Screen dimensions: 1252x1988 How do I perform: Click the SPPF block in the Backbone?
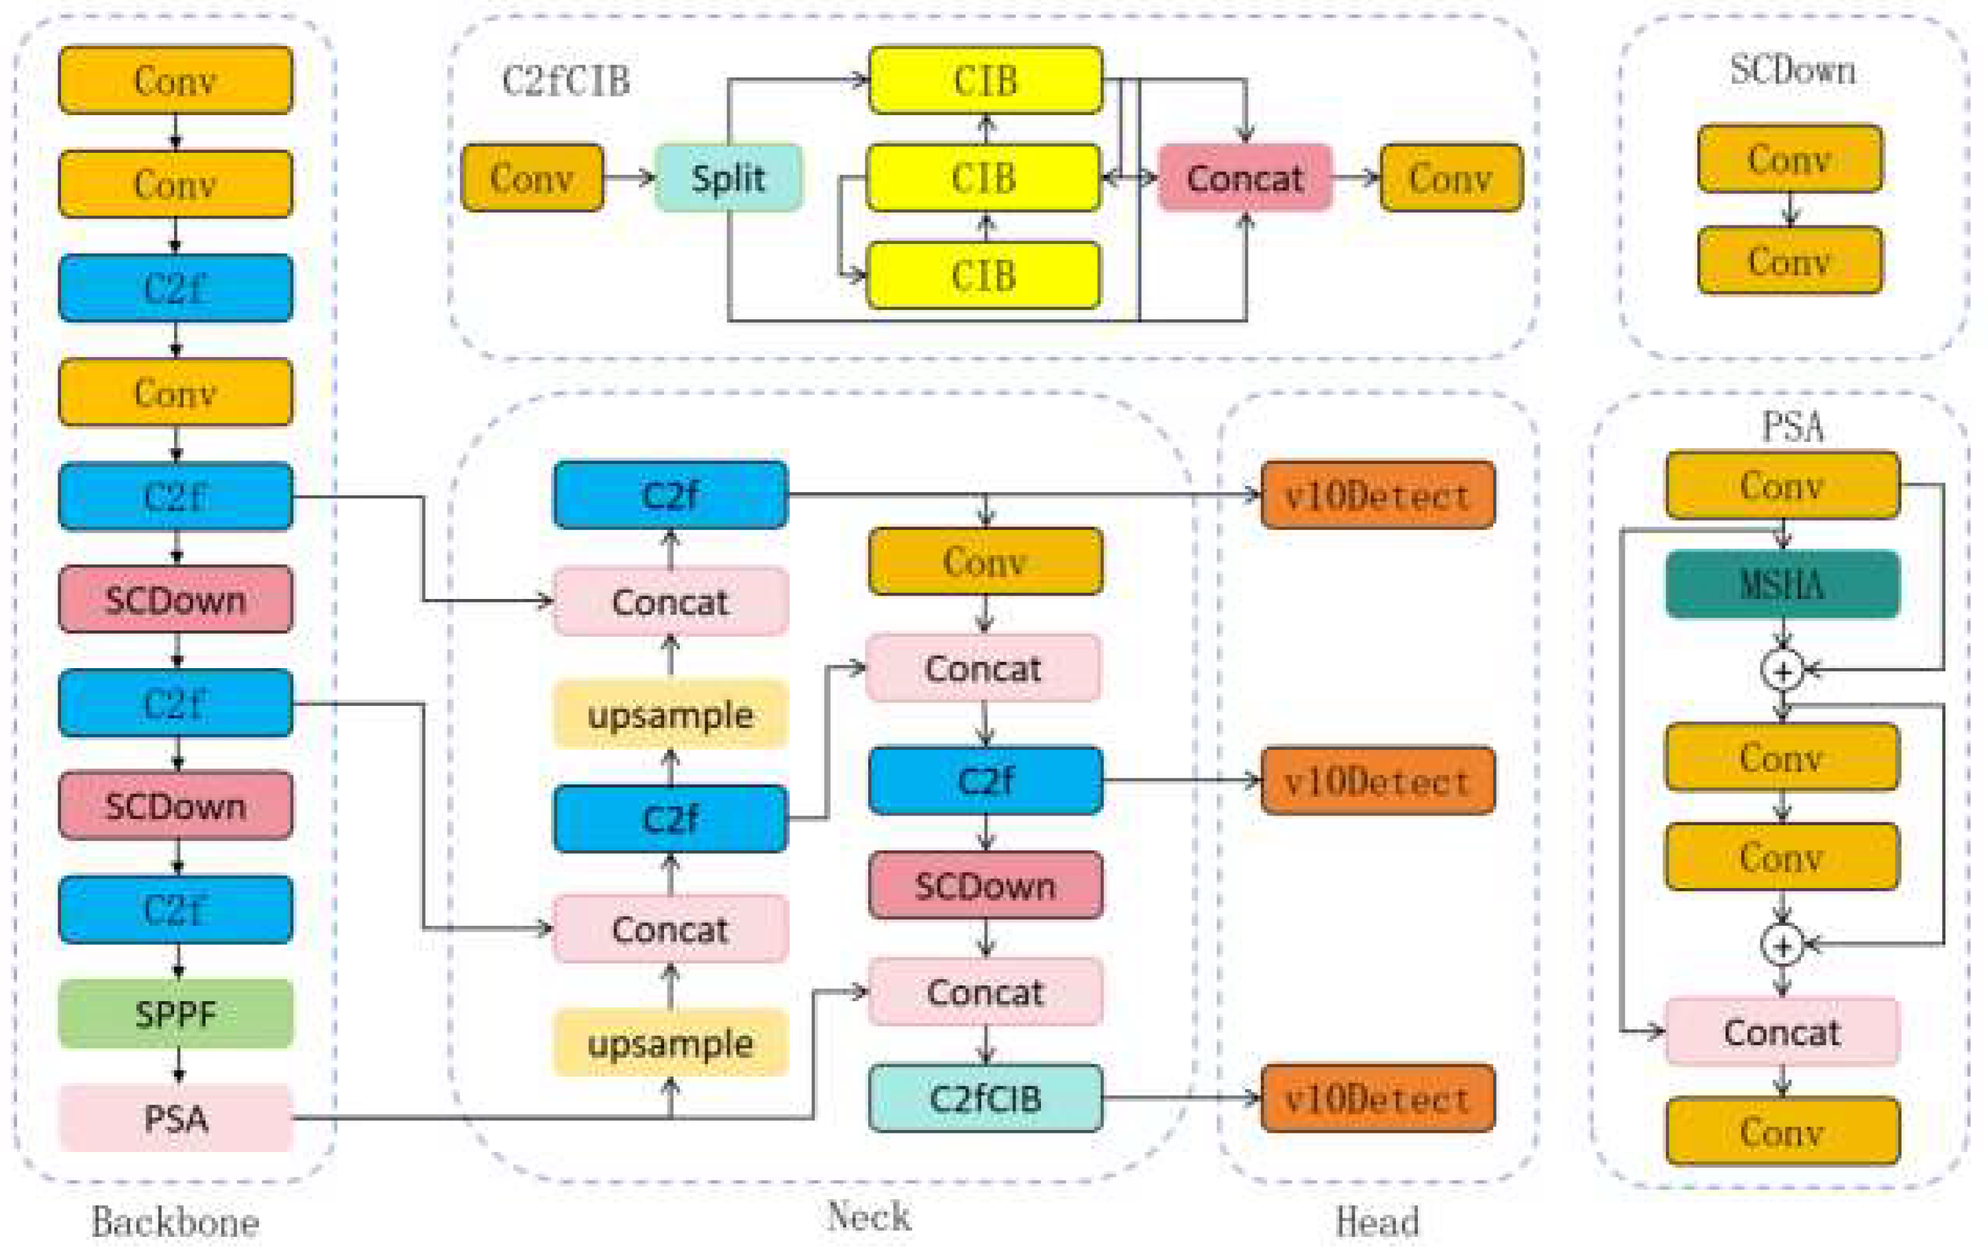(x=176, y=1014)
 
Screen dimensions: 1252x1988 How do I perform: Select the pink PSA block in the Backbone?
(x=176, y=1118)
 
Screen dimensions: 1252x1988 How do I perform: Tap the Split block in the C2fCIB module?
(x=728, y=178)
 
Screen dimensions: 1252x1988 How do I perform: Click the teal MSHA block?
(x=1782, y=585)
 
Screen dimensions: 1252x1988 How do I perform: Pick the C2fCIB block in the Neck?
(x=985, y=1098)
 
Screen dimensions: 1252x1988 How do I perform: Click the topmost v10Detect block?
(x=1377, y=495)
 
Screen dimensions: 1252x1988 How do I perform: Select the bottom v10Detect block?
(x=1377, y=1098)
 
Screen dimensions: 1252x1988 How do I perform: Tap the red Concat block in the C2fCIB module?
(x=1245, y=178)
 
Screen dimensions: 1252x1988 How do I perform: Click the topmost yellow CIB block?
(x=985, y=80)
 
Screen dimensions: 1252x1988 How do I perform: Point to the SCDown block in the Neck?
(x=985, y=885)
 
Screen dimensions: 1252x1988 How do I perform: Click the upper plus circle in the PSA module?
(x=1782, y=670)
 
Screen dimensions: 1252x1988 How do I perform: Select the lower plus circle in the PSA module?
(x=1782, y=945)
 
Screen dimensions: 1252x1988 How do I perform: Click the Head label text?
(x=1377, y=1221)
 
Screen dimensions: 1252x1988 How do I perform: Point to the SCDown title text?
(x=1792, y=70)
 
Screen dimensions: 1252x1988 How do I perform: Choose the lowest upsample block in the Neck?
(x=670, y=1043)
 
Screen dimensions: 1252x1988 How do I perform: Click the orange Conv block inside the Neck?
(x=985, y=561)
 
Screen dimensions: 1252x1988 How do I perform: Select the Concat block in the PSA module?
(x=1782, y=1031)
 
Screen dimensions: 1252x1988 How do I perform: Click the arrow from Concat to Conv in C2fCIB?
(x=1355, y=178)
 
